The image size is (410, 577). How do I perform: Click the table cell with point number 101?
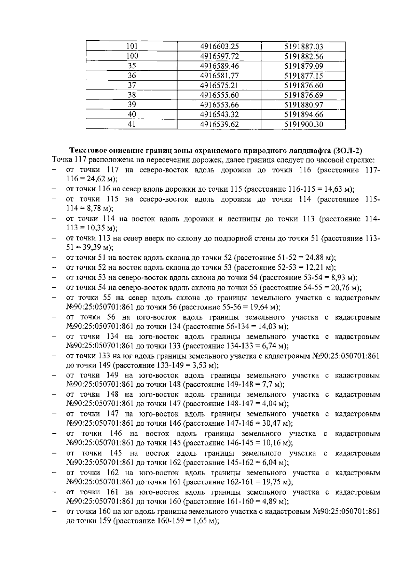(x=132, y=47)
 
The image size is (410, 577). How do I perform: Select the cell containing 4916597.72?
(x=219, y=56)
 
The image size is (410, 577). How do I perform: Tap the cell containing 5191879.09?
(x=304, y=66)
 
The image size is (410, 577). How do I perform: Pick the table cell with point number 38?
(x=132, y=95)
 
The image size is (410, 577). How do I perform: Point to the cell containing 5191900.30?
(x=304, y=124)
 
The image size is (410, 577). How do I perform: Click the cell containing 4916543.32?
(x=219, y=115)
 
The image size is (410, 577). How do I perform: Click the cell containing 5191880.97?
(x=304, y=105)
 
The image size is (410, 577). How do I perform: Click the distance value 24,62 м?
(x=99, y=179)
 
